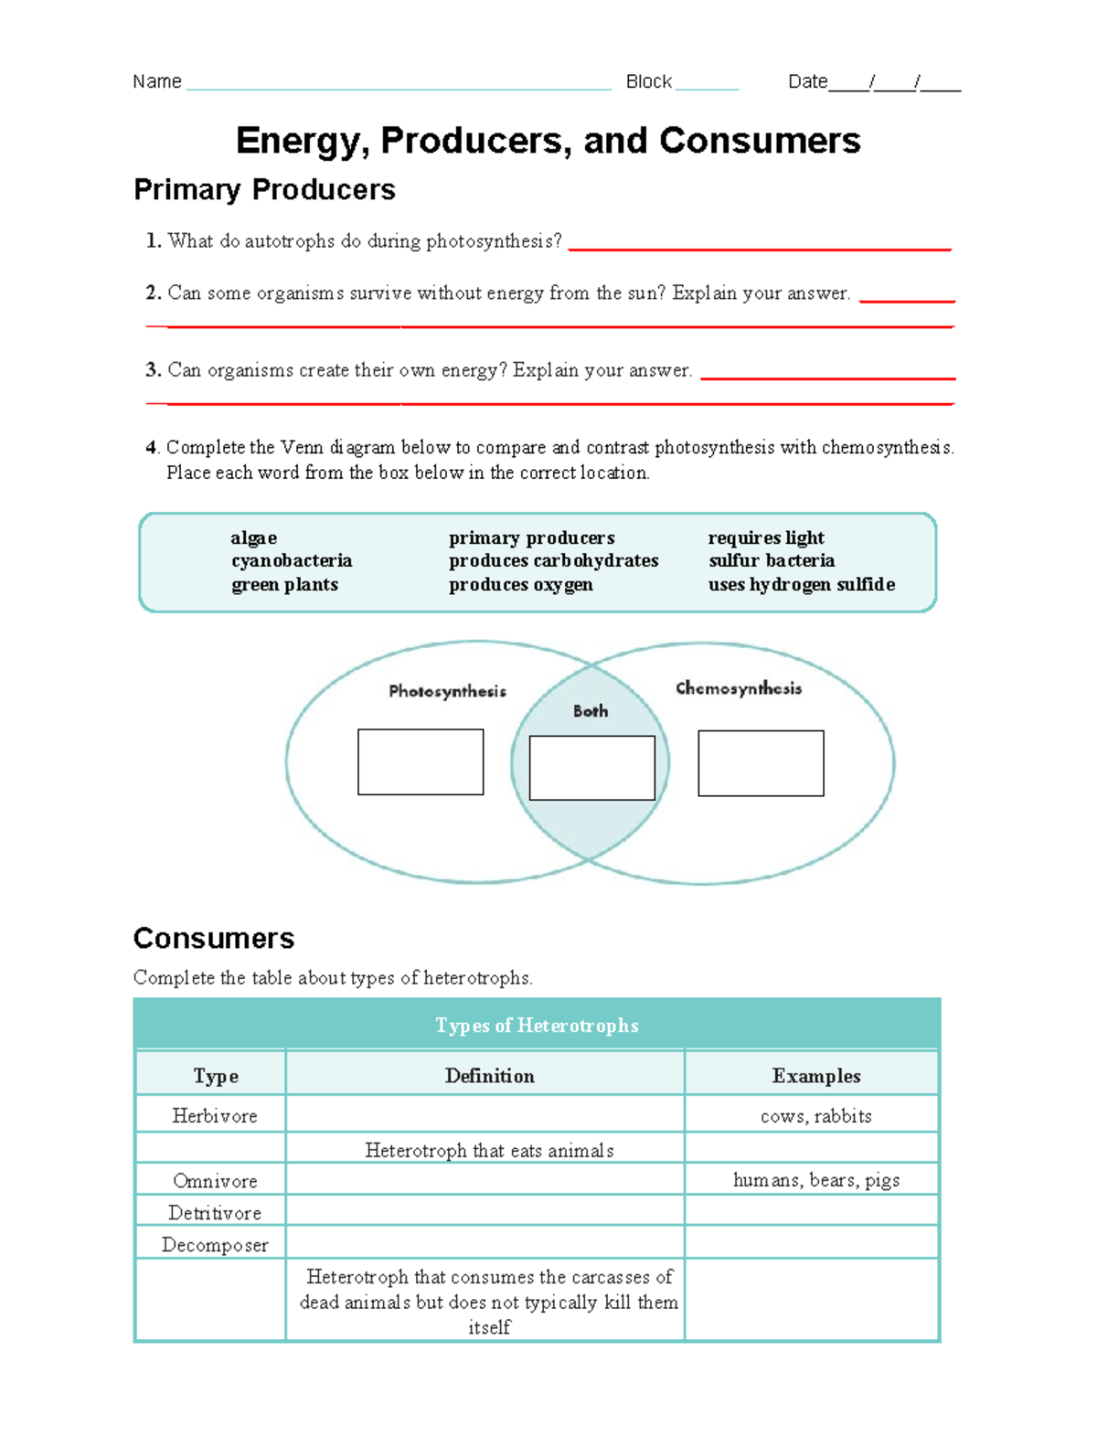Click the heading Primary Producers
[x=264, y=189]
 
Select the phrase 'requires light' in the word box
[x=766, y=537]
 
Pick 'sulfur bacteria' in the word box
[x=772, y=560]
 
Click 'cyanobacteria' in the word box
[x=292, y=560]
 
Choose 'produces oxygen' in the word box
[x=520, y=584]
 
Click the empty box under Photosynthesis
[x=421, y=761]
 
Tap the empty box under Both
[x=591, y=768]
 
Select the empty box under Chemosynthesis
[x=761, y=762]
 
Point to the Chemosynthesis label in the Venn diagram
[x=739, y=688]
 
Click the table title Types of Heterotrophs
[x=537, y=1025]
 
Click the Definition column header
[x=489, y=1076]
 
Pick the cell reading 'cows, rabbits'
[x=815, y=1116]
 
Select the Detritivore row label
[x=215, y=1213]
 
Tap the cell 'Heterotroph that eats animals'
[x=489, y=1151]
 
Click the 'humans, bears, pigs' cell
[x=815, y=1180]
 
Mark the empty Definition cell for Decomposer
[x=485, y=1243]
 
